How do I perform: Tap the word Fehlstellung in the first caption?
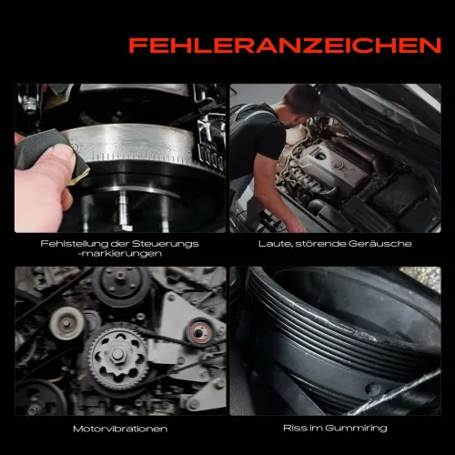click(66, 244)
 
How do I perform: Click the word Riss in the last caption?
click(301, 428)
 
